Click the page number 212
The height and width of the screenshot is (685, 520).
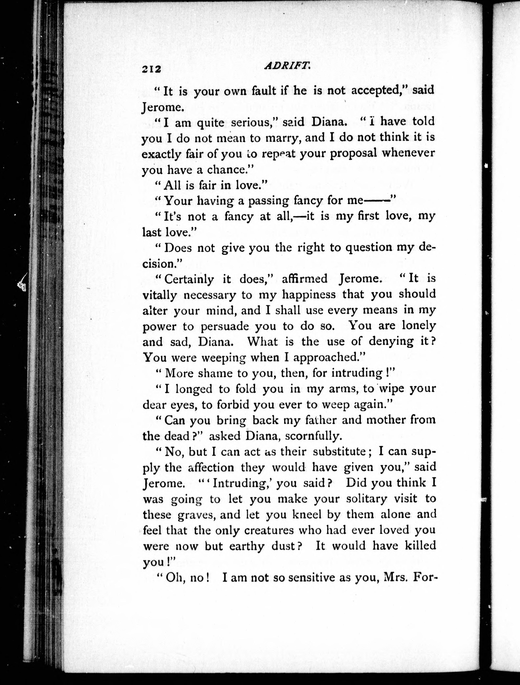click(x=152, y=69)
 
